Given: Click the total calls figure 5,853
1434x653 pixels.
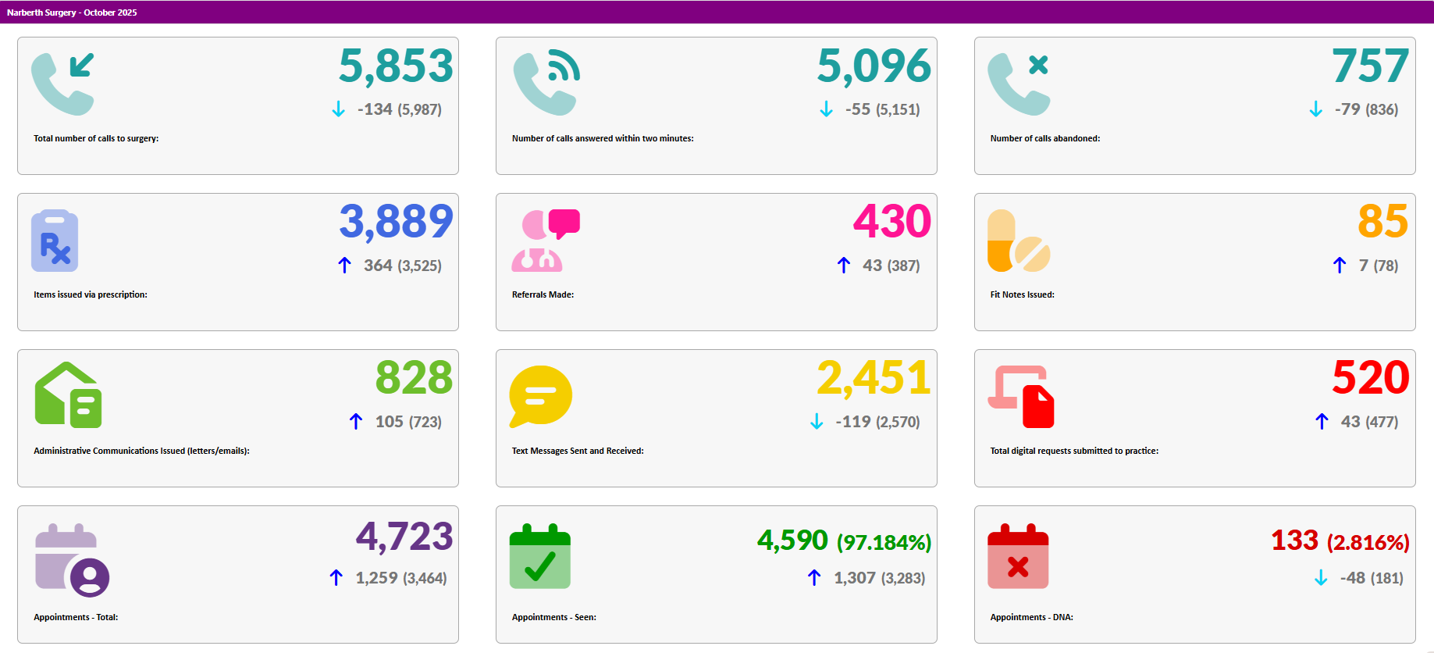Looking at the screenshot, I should click(396, 66).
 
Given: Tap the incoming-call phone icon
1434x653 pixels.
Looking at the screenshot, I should click(63, 84).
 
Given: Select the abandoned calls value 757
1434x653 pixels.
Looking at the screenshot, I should click(1370, 66).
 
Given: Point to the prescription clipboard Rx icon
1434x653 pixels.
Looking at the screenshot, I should click(55, 241).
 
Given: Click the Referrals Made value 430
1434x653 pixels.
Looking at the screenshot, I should click(891, 221).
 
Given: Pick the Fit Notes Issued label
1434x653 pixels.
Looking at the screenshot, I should click(1022, 294).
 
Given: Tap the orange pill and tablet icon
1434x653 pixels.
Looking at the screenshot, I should click(1019, 241).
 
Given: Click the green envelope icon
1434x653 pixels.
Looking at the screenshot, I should click(68, 395).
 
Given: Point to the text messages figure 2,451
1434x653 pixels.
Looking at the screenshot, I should click(874, 378).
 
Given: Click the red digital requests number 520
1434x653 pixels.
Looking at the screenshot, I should click(1370, 378).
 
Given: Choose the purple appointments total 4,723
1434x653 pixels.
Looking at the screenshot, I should click(404, 537).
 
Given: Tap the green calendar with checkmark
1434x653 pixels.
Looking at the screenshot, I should click(540, 556).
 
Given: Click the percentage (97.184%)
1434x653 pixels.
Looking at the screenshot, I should click(884, 542).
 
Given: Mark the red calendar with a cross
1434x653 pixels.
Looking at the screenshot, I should click(1018, 556).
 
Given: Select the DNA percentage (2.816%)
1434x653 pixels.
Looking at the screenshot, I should click(1368, 542).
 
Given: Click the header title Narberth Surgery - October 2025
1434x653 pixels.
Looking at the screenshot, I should click(72, 12).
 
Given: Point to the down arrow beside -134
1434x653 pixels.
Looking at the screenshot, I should click(338, 109).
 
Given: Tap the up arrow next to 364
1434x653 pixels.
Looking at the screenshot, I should click(344, 266).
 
